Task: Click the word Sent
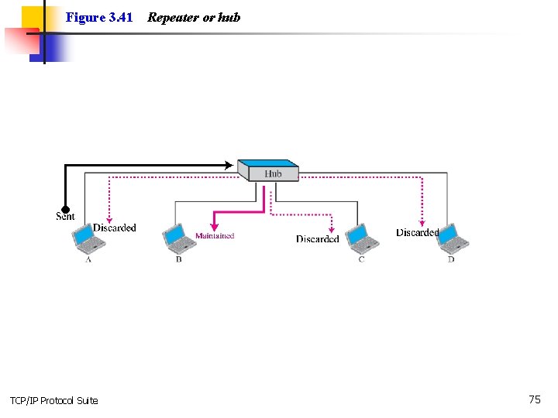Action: pyautogui.click(x=66, y=217)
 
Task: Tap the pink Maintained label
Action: pyautogui.click(x=215, y=236)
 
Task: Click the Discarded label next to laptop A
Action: pyautogui.click(x=115, y=228)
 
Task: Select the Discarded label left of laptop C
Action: pyautogui.click(x=318, y=239)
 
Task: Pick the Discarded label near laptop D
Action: pyautogui.click(x=417, y=232)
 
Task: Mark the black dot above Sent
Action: pyautogui.click(x=66, y=208)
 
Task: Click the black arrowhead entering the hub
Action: pyautogui.click(x=228, y=165)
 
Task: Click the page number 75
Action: pyautogui.click(x=535, y=399)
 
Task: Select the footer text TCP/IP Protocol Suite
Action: pyautogui.click(x=54, y=400)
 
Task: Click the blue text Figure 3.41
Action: pyautogui.click(x=99, y=17)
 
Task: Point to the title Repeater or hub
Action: pyautogui.click(x=194, y=17)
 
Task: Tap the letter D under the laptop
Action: pyautogui.click(x=451, y=259)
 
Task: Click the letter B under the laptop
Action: pyautogui.click(x=178, y=259)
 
